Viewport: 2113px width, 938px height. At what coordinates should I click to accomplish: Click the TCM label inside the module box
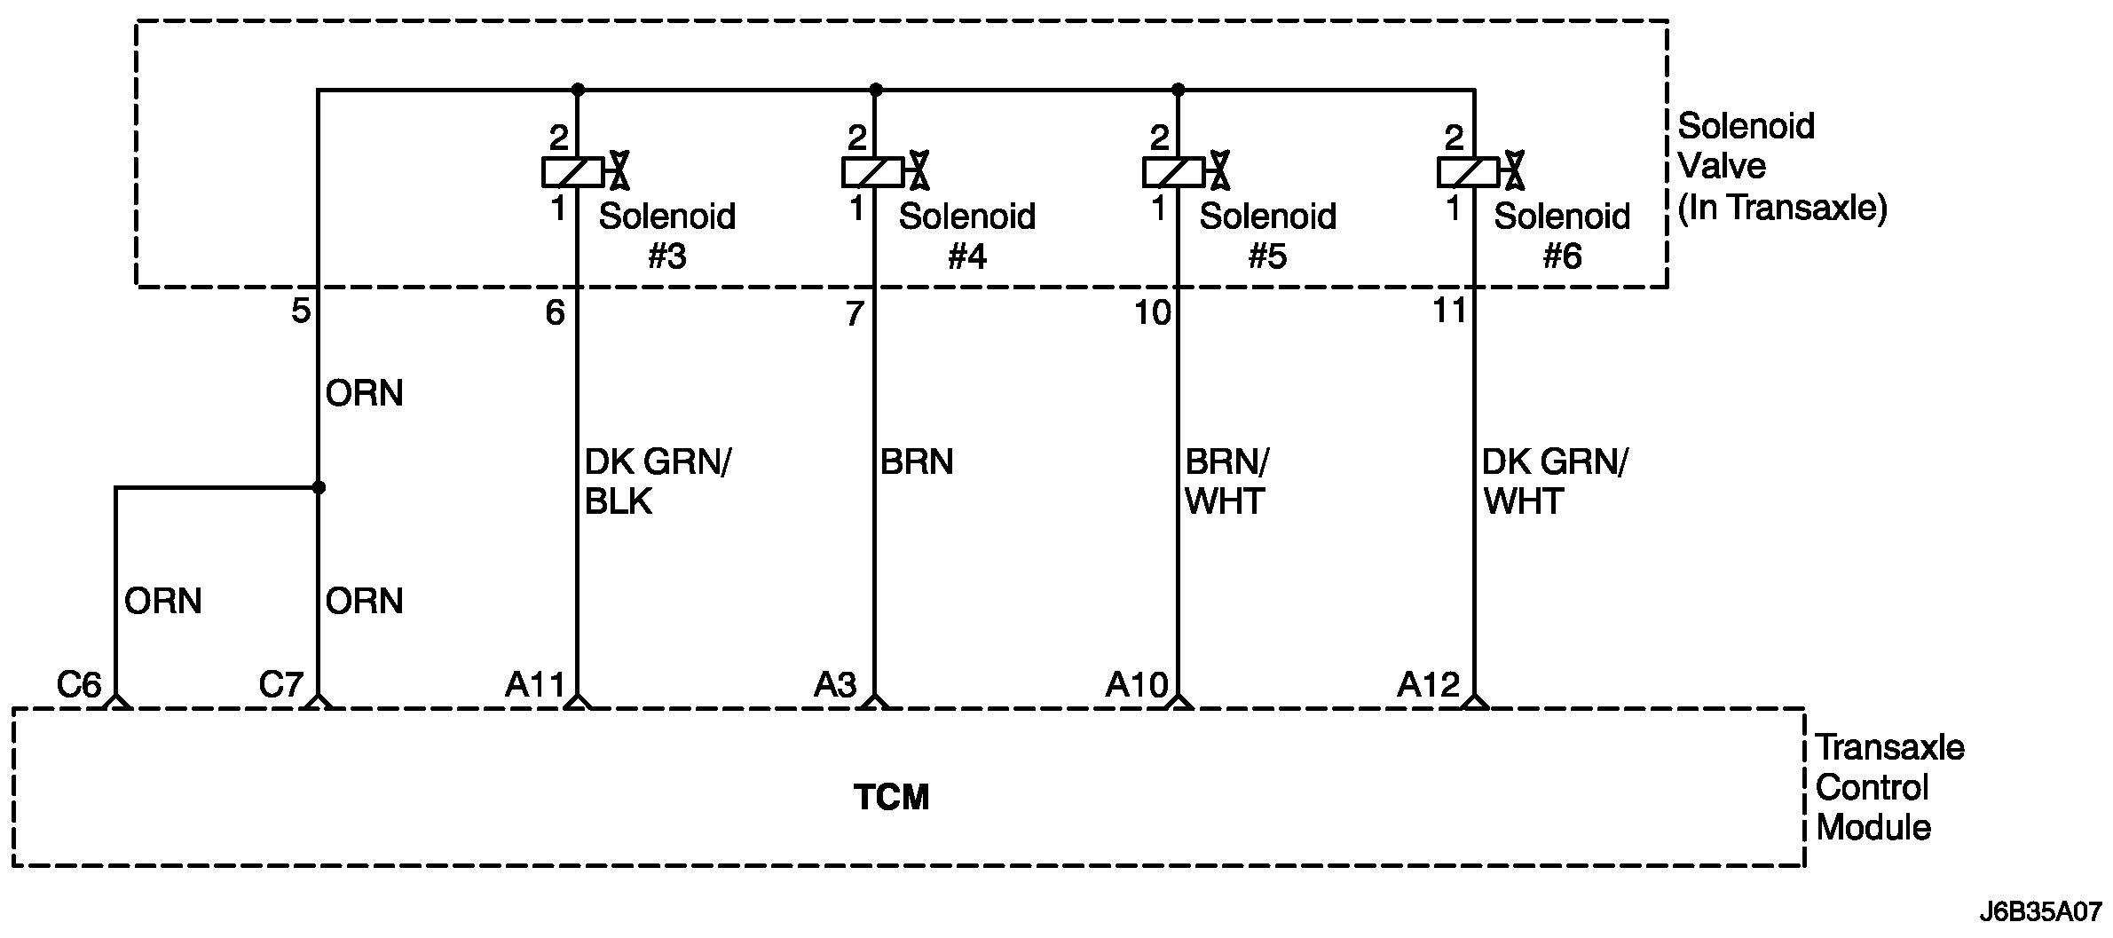pyautogui.click(x=891, y=797)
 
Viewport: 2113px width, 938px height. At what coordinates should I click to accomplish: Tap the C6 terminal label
pyautogui.click(x=79, y=684)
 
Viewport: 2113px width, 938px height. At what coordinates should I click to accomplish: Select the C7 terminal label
pyautogui.click(x=281, y=684)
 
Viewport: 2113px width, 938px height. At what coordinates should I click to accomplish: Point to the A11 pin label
pyautogui.click(x=535, y=684)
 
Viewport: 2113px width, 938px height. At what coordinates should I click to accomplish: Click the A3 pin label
pyautogui.click(x=835, y=684)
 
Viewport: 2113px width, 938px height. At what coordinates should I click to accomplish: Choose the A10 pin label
pyautogui.click(x=1137, y=684)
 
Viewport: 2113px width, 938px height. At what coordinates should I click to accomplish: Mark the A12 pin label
pyautogui.click(x=1428, y=684)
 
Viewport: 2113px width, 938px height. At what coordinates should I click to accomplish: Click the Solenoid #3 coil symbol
pyautogui.click(x=573, y=171)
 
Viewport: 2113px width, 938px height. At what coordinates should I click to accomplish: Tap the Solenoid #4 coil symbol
pyautogui.click(x=873, y=171)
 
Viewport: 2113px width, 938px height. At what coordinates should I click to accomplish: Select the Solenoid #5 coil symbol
pyautogui.click(x=1174, y=171)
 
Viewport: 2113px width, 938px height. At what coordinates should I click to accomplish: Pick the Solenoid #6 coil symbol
pyautogui.click(x=1469, y=171)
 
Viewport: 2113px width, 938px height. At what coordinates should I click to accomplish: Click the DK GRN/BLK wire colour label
pyautogui.click(x=657, y=482)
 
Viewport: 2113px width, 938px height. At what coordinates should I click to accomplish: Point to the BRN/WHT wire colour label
pyautogui.click(x=1226, y=482)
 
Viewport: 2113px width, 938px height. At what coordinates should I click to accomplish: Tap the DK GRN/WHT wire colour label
pyautogui.click(x=1555, y=482)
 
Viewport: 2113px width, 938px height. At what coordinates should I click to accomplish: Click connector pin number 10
pyautogui.click(x=1152, y=312)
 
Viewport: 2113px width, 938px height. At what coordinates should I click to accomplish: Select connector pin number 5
pyautogui.click(x=301, y=311)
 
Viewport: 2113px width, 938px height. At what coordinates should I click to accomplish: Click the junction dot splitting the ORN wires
pyautogui.click(x=319, y=487)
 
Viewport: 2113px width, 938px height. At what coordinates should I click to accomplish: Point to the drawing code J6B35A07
pyautogui.click(x=2039, y=911)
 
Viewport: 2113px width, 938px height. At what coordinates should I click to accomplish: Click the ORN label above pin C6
pyautogui.click(x=163, y=601)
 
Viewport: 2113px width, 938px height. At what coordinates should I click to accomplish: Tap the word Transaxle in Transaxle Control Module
pyautogui.click(x=1889, y=747)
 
